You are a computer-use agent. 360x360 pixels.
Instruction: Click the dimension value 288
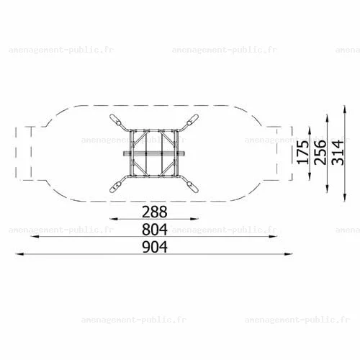pyautogui.click(x=155, y=212)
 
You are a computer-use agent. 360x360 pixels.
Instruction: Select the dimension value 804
pyautogui.click(x=155, y=229)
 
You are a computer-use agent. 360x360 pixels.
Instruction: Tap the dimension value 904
pyautogui.click(x=155, y=247)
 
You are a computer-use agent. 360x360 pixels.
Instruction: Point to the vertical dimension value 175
pyautogui.click(x=302, y=152)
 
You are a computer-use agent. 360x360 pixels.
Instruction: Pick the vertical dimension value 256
pyautogui.click(x=320, y=152)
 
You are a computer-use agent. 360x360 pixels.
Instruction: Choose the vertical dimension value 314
pyautogui.click(x=338, y=152)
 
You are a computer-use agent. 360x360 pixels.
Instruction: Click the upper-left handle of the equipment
pyautogui.click(x=116, y=120)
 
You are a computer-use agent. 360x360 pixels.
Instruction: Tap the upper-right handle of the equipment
pyautogui.click(x=192, y=120)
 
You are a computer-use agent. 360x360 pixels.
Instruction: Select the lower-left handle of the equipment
pyautogui.click(x=116, y=186)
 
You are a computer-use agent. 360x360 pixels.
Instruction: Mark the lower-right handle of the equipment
pyautogui.click(x=192, y=186)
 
